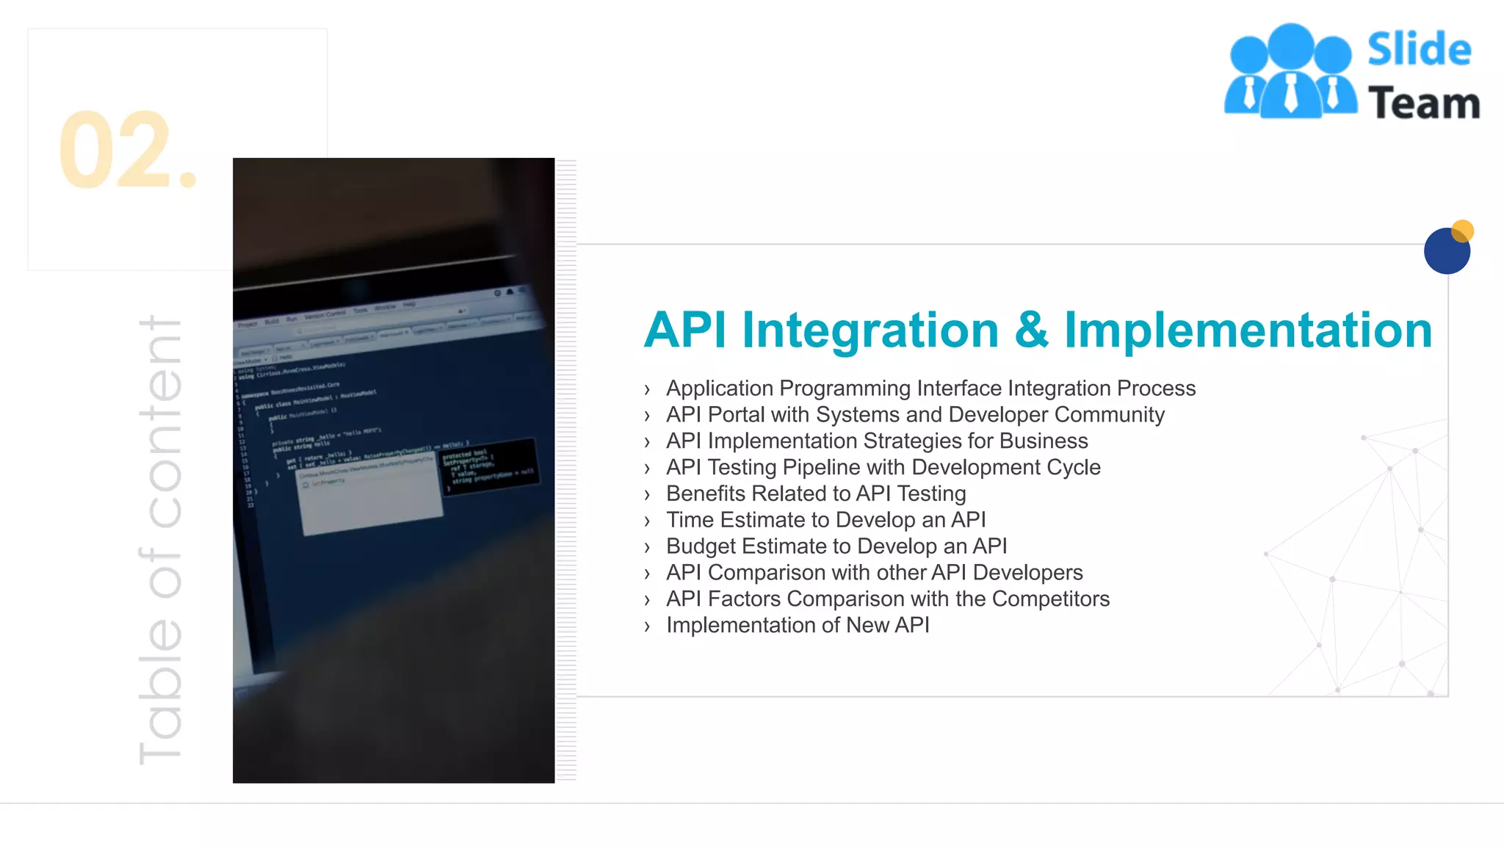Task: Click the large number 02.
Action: tap(126, 151)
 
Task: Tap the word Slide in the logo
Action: tap(1419, 50)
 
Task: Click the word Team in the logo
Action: tap(1423, 103)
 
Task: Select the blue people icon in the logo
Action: tap(1290, 72)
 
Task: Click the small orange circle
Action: tap(1463, 231)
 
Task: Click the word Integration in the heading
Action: tap(870, 330)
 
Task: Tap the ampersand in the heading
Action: tap(1032, 330)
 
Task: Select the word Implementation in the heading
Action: tap(1248, 330)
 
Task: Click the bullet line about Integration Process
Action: tap(930, 388)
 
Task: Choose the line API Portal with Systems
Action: tap(914, 415)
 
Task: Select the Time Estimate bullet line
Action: tap(825, 520)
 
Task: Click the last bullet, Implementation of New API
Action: tap(798, 626)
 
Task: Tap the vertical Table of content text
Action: tap(160, 540)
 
